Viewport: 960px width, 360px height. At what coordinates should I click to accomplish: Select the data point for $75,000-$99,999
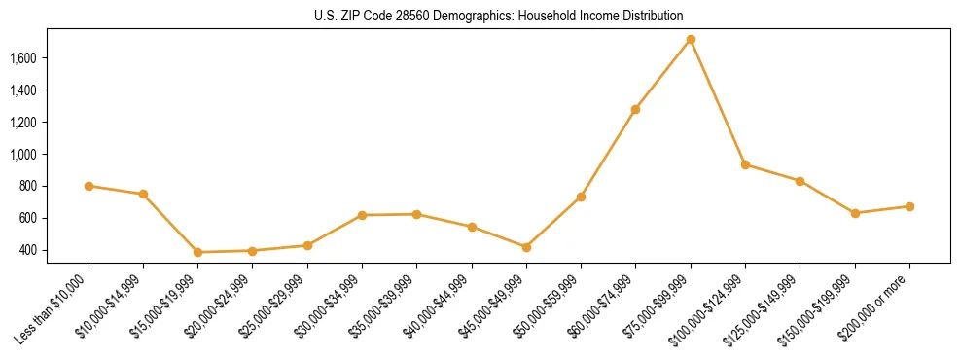click(691, 40)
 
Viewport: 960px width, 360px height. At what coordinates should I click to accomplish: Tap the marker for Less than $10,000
click(89, 186)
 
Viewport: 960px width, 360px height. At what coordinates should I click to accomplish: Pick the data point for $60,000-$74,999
click(635, 109)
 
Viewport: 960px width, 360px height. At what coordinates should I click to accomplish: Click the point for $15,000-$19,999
click(198, 252)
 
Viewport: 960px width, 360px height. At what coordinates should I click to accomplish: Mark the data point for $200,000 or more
click(909, 206)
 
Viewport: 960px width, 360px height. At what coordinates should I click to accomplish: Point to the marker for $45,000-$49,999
click(526, 247)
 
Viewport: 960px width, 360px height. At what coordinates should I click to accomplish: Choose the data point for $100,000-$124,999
click(745, 164)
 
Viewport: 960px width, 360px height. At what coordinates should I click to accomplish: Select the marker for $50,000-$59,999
click(581, 197)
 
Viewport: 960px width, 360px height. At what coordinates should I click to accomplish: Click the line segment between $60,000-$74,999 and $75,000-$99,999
click(663, 74)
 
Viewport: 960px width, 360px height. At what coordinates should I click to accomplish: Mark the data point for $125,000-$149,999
click(800, 181)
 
